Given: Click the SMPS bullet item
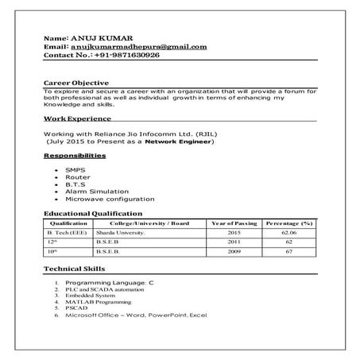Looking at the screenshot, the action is [x=75, y=170].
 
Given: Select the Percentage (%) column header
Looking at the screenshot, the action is [x=288, y=224].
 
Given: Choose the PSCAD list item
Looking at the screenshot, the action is [x=76, y=309].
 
